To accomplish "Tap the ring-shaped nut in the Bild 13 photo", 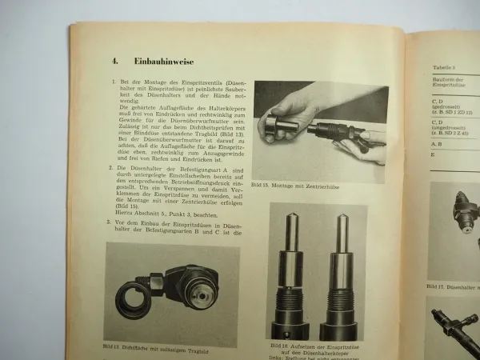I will [136, 297].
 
